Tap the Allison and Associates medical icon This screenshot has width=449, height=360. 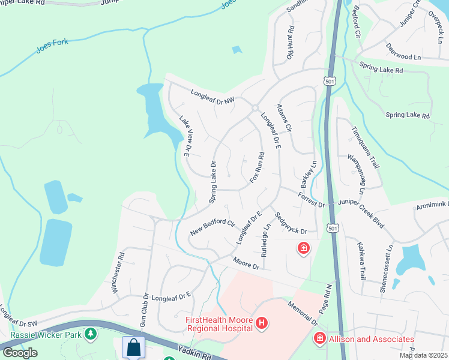(319, 339)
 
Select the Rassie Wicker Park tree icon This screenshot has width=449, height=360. (91, 333)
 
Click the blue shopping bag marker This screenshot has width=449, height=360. (133, 347)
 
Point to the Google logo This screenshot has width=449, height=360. (20, 353)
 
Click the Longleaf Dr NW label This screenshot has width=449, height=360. (214, 97)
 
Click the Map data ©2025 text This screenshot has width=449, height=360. (423, 355)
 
